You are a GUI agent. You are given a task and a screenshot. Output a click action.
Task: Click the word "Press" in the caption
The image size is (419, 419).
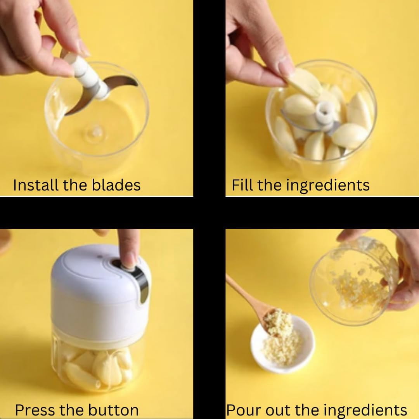coord(35,410)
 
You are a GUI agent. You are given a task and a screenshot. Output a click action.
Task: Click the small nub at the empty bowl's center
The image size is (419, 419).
coord(96,131)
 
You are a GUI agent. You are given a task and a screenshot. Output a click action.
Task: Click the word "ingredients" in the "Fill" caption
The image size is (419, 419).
coord(328,185)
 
